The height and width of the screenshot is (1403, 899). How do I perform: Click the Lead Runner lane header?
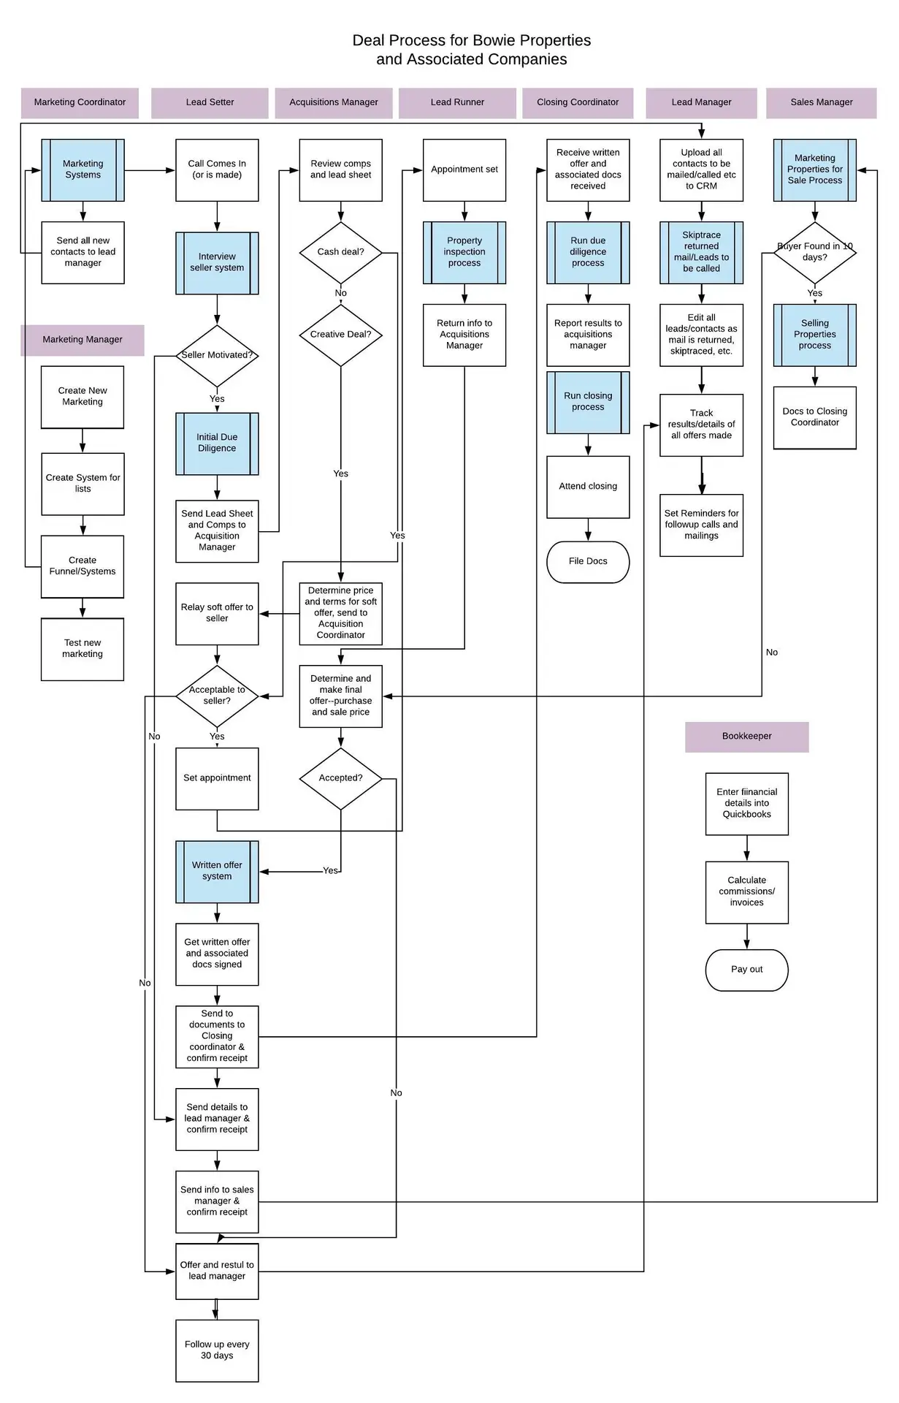point(457,102)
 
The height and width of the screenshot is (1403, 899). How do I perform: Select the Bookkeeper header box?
point(746,737)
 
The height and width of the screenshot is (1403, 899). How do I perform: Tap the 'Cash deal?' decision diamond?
point(340,252)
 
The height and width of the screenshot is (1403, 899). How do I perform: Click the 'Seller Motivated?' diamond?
point(217,355)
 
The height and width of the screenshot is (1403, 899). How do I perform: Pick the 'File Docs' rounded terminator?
point(588,561)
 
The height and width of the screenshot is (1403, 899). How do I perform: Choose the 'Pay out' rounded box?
point(746,970)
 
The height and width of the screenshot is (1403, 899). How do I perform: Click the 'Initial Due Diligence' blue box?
point(217,443)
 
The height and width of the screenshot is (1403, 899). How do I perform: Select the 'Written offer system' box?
point(217,871)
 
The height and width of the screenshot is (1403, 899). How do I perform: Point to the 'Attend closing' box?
point(588,487)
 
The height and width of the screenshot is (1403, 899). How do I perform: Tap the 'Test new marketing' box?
point(83,649)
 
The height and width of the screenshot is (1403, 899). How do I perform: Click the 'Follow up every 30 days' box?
point(217,1350)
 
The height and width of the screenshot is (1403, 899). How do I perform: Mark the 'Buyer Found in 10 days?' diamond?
point(814,252)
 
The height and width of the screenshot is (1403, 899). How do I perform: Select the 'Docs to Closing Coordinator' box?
point(814,417)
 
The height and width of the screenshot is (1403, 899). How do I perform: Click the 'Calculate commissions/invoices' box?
point(746,891)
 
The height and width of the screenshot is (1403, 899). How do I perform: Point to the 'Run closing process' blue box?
point(588,402)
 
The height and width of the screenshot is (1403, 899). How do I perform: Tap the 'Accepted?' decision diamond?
point(340,778)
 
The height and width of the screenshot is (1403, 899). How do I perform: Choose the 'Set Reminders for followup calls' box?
point(701,525)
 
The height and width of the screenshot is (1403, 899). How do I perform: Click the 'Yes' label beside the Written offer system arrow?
point(330,871)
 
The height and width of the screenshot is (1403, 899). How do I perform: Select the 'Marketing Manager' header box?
point(83,340)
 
